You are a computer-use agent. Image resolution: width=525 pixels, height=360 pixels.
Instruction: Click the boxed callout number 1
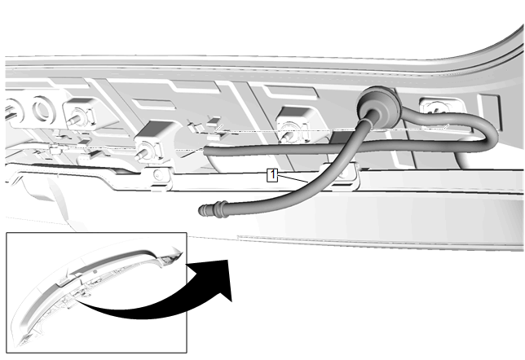[272, 175]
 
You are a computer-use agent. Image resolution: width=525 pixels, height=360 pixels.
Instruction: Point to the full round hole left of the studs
[43, 108]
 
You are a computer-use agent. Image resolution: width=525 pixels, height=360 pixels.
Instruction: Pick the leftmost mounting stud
[75, 119]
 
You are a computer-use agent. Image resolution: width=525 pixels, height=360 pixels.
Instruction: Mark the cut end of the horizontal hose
[205, 151]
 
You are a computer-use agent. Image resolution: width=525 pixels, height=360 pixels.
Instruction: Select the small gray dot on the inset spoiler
[95, 271]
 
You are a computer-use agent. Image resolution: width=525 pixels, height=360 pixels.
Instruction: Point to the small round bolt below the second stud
[158, 174]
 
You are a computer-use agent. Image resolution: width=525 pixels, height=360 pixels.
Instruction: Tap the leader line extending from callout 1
[293, 178]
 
